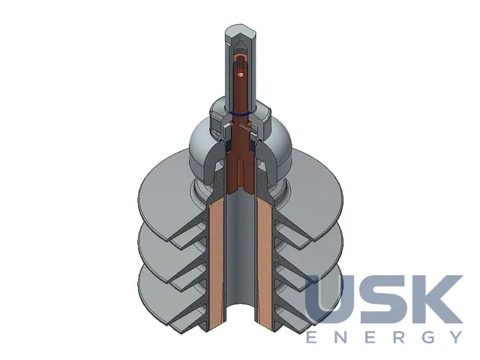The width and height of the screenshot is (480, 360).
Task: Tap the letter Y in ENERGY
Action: [456, 337]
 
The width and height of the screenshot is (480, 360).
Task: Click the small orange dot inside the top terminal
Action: [241, 74]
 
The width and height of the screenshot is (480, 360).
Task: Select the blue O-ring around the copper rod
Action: [240, 114]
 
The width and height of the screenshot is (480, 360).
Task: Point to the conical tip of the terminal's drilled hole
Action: [241, 45]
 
